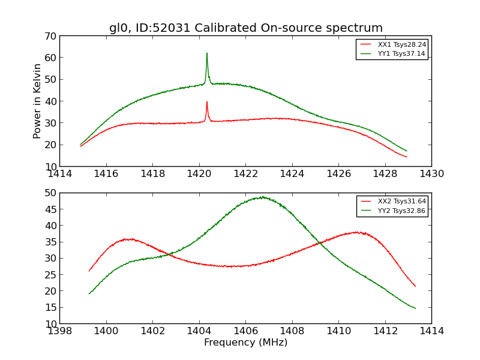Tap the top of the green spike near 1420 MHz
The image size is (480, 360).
point(207,53)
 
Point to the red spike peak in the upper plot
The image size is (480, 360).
point(207,102)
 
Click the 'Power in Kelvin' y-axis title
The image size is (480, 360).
point(38,101)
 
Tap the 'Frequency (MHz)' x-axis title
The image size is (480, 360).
point(245,343)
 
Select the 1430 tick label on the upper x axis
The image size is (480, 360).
point(431,174)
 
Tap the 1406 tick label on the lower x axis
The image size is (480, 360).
point(245,331)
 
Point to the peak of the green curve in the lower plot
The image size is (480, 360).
point(262,197)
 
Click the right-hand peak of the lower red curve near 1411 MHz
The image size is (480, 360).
point(357,232)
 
